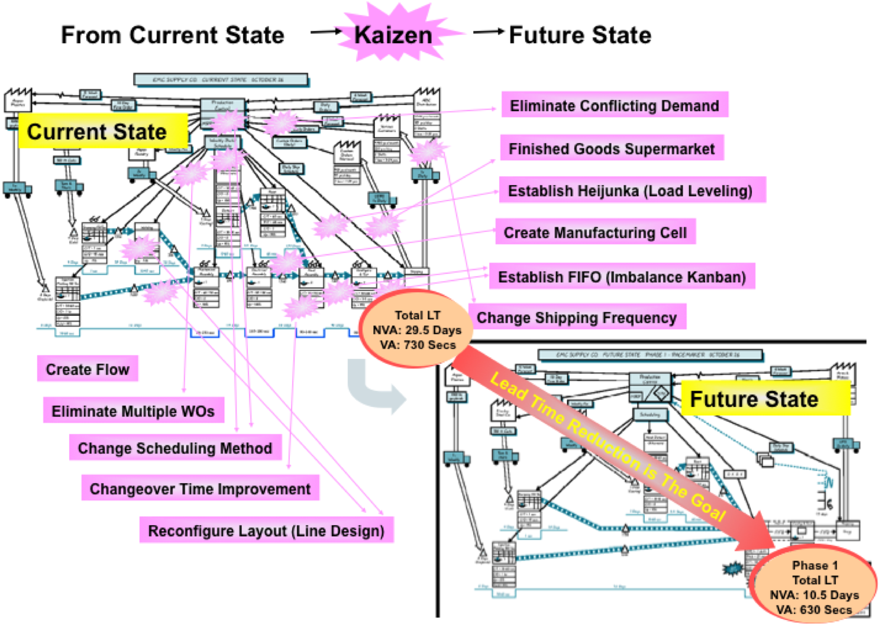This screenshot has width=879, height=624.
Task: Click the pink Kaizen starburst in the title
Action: point(393,34)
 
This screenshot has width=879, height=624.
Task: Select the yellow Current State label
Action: point(98,131)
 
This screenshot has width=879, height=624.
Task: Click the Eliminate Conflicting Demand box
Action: point(615,105)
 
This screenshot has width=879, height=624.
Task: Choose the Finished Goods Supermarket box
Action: point(612,148)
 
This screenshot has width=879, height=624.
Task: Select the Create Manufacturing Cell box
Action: point(595,232)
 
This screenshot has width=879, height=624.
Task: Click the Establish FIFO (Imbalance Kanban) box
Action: point(622,277)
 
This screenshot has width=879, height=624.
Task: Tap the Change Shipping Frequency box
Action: point(577,318)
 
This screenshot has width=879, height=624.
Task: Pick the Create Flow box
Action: point(88,369)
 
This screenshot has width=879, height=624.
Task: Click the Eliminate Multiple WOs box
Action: point(133,411)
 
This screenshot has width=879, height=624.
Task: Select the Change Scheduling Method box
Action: point(175,448)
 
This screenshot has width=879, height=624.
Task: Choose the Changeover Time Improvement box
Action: point(200,489)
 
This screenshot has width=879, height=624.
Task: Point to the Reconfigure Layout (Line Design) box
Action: point(266,531)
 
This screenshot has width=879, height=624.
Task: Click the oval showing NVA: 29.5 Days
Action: point(417,330)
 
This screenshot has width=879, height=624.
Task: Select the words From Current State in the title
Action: point(173,35)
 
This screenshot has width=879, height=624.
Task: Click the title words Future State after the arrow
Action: point(580,35)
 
